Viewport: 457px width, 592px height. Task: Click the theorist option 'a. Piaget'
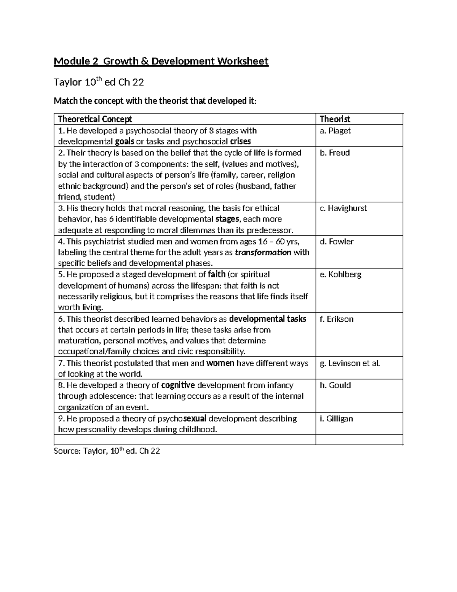point(335,131)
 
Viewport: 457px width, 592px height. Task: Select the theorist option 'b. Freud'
point(334,153)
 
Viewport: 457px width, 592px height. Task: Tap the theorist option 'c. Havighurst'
point(343,208)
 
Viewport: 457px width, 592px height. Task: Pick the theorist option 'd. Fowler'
point(336,241)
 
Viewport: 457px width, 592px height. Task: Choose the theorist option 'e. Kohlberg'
point(340,274)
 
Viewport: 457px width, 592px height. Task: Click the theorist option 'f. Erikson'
point(336,319)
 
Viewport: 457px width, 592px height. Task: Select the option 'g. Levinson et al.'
point(350,363)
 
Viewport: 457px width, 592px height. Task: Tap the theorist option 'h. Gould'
point(335,385)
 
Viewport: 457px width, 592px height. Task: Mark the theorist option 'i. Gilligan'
point(336,419)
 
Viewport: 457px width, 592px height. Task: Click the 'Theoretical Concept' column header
point(95,119)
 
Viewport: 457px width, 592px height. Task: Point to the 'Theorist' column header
point(335,119)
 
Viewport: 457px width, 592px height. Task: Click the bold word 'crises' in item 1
point(240,142)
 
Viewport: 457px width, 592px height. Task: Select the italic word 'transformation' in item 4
point(263,252)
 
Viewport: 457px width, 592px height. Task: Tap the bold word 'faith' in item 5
point(217,274)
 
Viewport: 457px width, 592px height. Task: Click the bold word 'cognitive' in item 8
point(178,385)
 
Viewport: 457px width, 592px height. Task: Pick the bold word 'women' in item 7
point(220,363)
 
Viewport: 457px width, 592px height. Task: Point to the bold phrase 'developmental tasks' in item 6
point(267,319)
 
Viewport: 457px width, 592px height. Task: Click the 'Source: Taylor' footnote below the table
point(107,451)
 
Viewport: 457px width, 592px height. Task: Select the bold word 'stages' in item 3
point(227,219)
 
